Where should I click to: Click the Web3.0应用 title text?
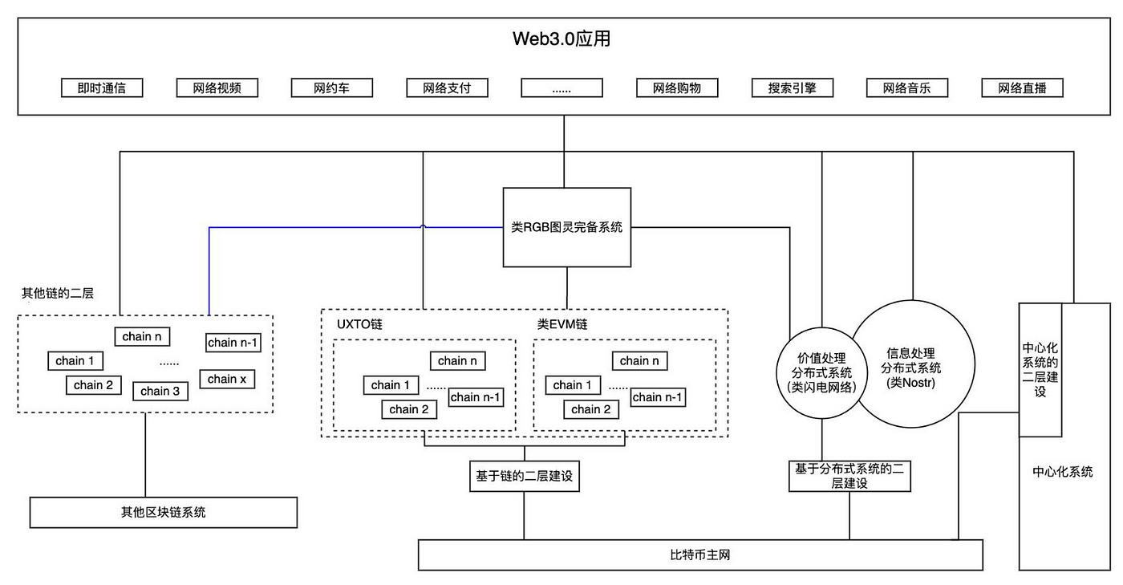coord(561,39)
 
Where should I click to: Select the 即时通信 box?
coord(102,87)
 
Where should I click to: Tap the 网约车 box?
coord(331,87)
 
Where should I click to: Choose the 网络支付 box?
coord(447,87)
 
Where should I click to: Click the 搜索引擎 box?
coord(792,87)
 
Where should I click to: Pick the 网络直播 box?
coord(1022,87)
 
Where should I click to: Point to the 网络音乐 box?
coord(907,87)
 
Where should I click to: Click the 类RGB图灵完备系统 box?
coord(566,227)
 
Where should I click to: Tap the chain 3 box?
coord(160,391)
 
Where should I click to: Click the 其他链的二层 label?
coord(57,293)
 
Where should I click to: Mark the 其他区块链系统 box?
coord(164,512)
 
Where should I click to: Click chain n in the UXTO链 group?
coord(457,361)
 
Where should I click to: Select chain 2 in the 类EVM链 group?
coord(591,409)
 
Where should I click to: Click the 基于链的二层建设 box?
coord(524,476)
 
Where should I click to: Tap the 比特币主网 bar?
coord(700,555)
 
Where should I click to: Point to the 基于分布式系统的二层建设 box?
coord(849,476)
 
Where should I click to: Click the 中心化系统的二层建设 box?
coord(1040,370)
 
